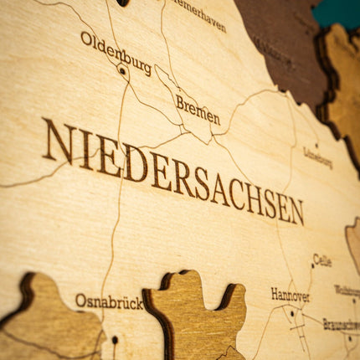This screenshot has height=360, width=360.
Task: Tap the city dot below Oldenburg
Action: tap(122, 71)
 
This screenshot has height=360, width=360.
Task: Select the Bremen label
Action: tap(198, 110)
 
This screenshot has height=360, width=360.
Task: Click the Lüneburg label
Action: tap(317, 157)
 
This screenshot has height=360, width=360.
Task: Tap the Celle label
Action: tap(322, 260)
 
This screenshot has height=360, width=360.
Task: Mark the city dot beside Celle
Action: tap(312, 266)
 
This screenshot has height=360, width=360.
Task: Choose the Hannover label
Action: tap(290, 295)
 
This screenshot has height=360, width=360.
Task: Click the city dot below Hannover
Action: tap(291, 314)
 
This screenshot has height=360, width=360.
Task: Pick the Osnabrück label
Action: tap(109, 301)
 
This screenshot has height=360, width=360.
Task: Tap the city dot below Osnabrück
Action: tap(115, 340)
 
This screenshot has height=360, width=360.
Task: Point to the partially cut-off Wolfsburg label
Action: tap(347, 291)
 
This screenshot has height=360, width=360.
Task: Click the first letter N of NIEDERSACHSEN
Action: tap(57, 140)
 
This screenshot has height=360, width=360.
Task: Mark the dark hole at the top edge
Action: tap(122, 3)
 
